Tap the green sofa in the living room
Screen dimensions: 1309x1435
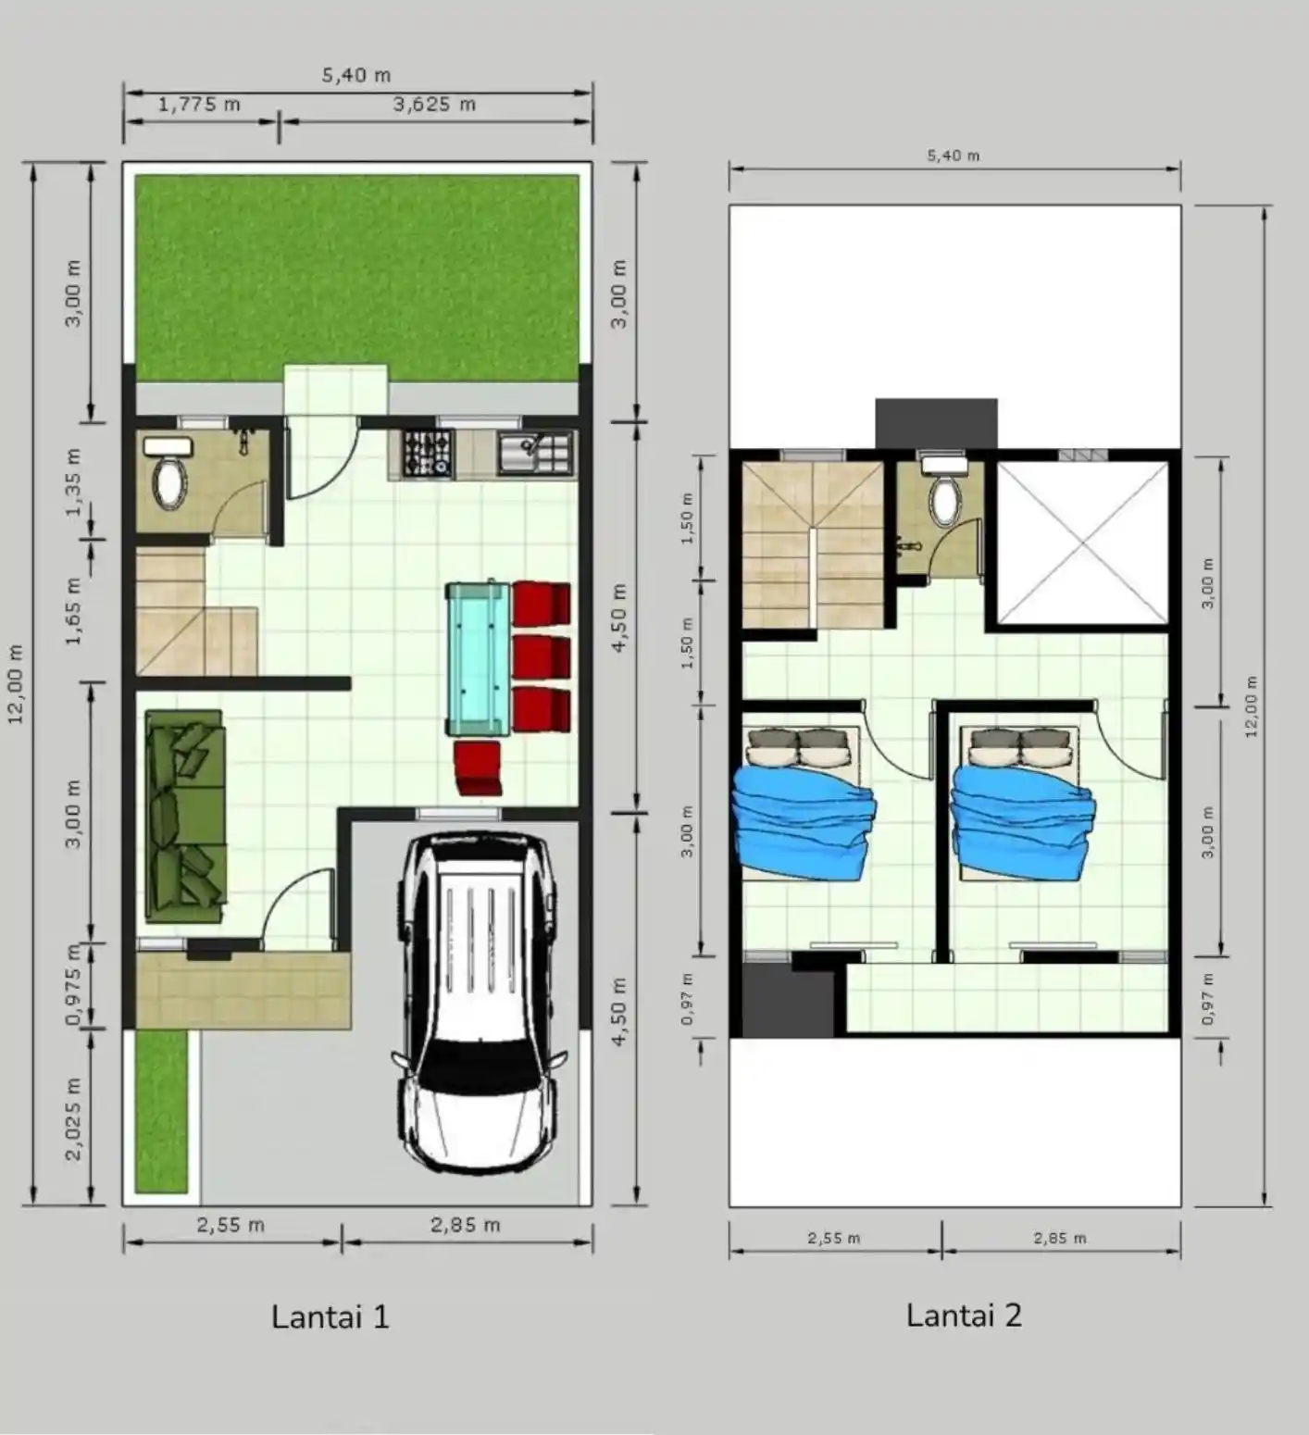point(185,817)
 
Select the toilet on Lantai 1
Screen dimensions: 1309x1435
point(168,473)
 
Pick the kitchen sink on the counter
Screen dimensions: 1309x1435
point(535,454)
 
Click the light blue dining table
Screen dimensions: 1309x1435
point(478,657)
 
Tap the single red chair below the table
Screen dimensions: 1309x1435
point(479,768)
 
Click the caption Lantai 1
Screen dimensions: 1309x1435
point(330,1316)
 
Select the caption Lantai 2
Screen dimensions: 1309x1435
point(964,1316)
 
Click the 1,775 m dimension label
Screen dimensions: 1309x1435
point(199,105)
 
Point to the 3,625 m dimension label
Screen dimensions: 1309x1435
point(434,105)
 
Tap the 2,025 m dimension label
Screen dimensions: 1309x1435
point(74,1118)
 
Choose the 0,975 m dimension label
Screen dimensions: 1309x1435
point(73,985)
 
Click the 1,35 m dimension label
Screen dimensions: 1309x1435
point(74,481)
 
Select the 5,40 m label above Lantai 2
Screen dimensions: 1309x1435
point(954,156)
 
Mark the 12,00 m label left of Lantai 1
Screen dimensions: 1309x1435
point(17,685)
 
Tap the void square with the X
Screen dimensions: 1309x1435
point(1082,543)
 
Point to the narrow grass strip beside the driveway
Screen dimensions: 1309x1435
point(162,1111)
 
